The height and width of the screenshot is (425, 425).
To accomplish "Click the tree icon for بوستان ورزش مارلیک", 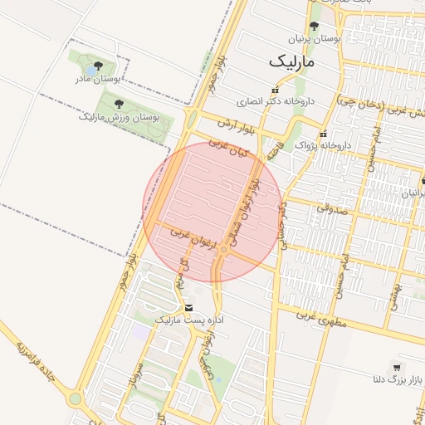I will click(x=118, y=104).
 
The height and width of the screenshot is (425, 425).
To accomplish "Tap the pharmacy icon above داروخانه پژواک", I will click(x=324, y=134).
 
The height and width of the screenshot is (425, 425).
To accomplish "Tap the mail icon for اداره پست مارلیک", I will click(x=188, y=307).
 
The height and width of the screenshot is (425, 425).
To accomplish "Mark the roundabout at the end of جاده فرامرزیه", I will click(x=76, y=398).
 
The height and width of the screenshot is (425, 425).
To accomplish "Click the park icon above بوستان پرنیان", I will click(x=313, y=27).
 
